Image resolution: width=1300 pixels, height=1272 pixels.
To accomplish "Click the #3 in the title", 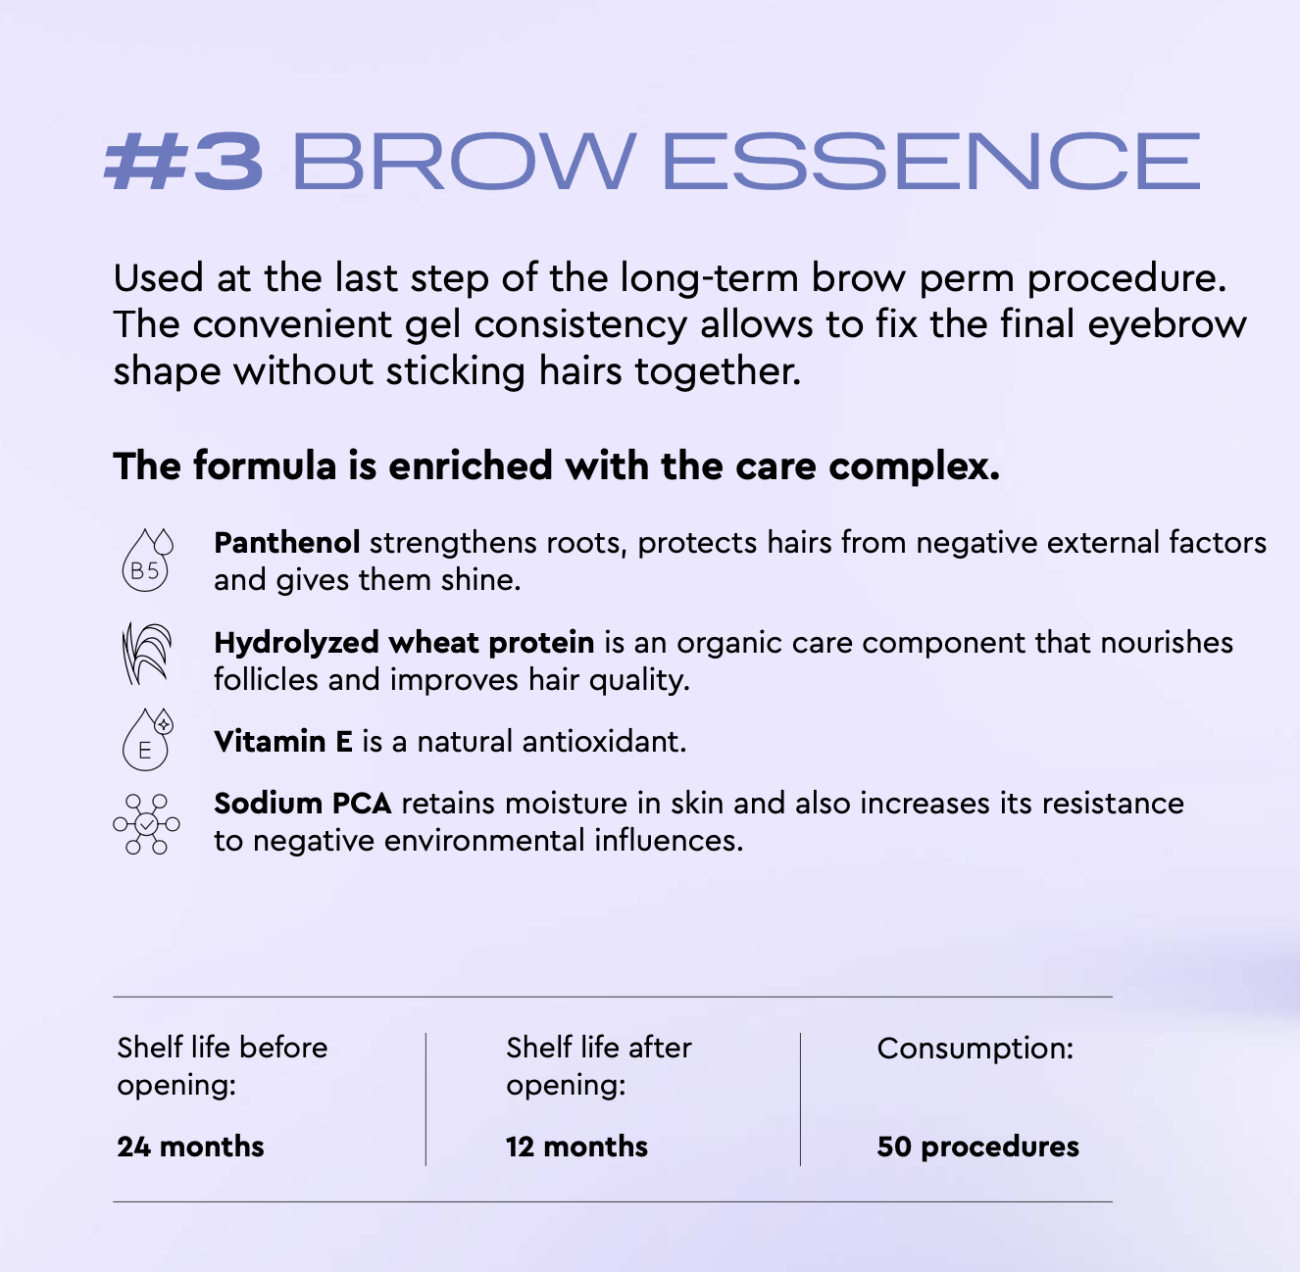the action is (182, 161).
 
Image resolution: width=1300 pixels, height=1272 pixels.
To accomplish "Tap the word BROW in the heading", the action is (464, 161).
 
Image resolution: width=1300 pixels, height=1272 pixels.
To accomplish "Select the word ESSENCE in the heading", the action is (931, 161).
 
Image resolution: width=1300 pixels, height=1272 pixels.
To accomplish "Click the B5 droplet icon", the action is (147, 560).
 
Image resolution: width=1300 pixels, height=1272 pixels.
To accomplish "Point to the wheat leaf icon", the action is (146, 654).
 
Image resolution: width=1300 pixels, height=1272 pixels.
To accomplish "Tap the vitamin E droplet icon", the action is (147, 739).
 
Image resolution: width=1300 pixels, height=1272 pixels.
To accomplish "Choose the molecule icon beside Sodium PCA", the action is (146, 824).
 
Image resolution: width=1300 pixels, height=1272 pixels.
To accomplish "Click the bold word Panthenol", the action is (286, 543).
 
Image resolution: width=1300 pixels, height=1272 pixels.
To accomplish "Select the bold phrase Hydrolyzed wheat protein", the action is (404, 644).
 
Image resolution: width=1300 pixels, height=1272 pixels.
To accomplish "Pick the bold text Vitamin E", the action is (283, 741).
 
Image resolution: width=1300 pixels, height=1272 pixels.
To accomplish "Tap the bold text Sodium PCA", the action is (303, 804).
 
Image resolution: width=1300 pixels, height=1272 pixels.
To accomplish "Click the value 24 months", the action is (190, 1147).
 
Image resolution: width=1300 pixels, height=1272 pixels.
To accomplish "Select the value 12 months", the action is (576, 1147).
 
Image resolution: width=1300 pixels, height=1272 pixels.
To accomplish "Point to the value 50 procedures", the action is (978, 1148).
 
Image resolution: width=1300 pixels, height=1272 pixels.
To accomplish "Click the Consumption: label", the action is (975, 1050).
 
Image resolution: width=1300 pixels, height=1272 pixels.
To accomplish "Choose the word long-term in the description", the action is (709, 278).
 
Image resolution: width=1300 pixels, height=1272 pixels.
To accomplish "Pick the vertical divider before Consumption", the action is (801, 1100).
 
